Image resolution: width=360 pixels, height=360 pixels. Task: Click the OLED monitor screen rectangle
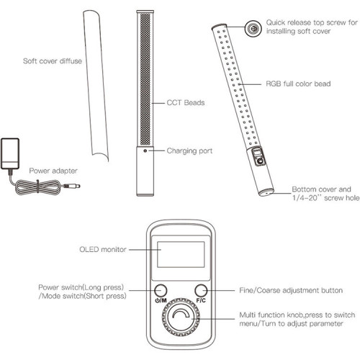(181, 254)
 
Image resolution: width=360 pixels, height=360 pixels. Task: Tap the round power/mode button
(161, 290)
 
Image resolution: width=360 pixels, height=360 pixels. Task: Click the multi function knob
(181, 318)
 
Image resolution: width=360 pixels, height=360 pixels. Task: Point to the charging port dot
(145, 150)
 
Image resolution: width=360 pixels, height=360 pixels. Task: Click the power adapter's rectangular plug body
(10, 153)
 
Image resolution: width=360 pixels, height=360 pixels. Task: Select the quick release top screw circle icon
(253, 29)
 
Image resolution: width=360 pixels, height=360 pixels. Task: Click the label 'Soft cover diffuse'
(53, 61)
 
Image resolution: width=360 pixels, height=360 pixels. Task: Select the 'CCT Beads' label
(186, 103)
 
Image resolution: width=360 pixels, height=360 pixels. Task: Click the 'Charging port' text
(189, 151)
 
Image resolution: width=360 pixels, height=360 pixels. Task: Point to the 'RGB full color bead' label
(298, 84)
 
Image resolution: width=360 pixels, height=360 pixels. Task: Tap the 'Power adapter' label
(53, 171)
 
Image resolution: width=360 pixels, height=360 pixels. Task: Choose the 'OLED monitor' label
(103, 249)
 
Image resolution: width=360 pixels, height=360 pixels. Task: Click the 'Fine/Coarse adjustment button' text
(291, 290)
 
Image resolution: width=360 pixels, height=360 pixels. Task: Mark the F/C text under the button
(201, 300)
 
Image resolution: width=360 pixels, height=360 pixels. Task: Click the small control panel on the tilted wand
(258, 156)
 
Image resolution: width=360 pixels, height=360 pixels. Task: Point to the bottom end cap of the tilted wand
(266, 192)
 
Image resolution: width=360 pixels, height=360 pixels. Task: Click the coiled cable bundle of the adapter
(38, 186)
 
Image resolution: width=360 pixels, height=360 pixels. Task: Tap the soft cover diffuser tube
(96, 84)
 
